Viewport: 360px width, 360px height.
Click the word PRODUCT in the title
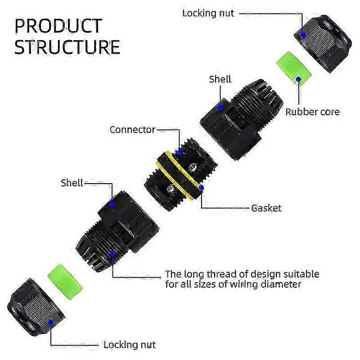coord(58,26)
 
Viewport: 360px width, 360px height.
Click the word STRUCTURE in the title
coord(67,47)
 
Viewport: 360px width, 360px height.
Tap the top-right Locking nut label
coord(208,13)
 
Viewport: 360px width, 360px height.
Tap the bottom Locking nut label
coord(130,345)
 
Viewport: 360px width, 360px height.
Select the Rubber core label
coord(313,112)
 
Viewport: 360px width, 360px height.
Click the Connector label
coord(132,130)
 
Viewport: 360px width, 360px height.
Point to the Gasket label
coord(266,208)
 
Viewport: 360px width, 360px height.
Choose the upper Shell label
coord(220,79)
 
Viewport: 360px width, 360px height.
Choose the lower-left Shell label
coord(72,183)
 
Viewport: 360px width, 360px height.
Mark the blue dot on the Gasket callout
coord(202,187)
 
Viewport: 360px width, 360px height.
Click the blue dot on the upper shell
coord(220,107)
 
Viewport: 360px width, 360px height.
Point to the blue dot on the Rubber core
coord(298,80)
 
